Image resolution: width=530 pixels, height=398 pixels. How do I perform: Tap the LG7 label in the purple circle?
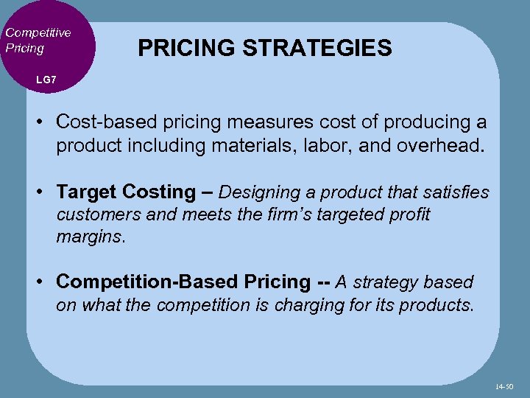pyautogui.click(x=46, y=79)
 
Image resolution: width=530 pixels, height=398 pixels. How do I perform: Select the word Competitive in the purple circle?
pyautogui.click(x=38, y=32)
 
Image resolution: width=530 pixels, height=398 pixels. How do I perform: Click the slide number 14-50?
pyautogui.click(x=505, y=385)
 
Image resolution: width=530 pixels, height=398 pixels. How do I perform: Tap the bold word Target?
pyautogui.click(x=87, y=192)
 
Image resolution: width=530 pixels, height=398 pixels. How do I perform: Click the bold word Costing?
pyautogui.click(x=160, y=192)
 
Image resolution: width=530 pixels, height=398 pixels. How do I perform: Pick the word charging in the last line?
pyautogui.click(x=306, y=305)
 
